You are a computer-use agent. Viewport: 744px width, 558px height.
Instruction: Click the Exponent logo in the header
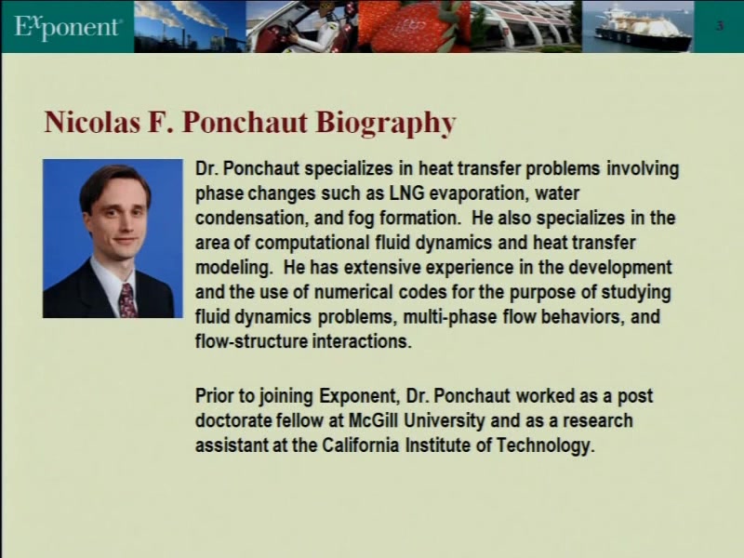click(x=67, y=27)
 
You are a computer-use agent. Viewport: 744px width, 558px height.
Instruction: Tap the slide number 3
click(x=720, y=25)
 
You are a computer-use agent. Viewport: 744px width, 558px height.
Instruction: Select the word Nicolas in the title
click(x=92, y=122)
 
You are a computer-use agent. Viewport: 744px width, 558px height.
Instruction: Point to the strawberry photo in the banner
click(x=414, y=27)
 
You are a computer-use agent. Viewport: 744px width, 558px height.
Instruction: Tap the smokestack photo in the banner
click(x=190, y=27)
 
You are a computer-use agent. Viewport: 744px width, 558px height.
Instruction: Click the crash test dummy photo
click(x=302, y=27)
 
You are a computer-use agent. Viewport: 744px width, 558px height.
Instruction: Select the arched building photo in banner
click(x=526, y=27)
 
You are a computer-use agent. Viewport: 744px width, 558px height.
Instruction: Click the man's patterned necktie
click(x=126, y=300)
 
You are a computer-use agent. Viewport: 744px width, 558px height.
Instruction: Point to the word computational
click(x=312, y=244)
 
